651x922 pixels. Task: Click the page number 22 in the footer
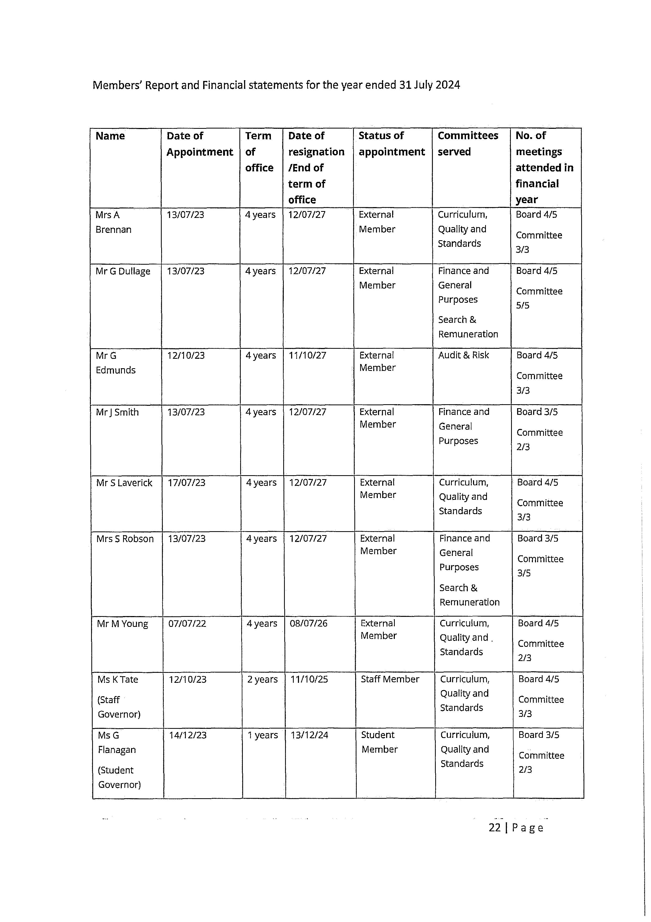point(495,828)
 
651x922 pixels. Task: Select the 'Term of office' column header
point(259,152)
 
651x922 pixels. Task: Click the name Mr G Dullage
point(123,272)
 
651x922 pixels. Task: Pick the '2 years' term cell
point(262,679)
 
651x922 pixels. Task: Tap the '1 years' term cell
point(263,735)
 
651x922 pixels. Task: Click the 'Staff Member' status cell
point(390,679)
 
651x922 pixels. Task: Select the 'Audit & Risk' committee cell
point(463,355)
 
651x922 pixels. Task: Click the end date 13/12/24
point(309,735)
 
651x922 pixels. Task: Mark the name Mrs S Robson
point(125,539)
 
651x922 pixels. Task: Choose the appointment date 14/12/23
point(188,735)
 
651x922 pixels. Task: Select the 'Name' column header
point(110,136)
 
